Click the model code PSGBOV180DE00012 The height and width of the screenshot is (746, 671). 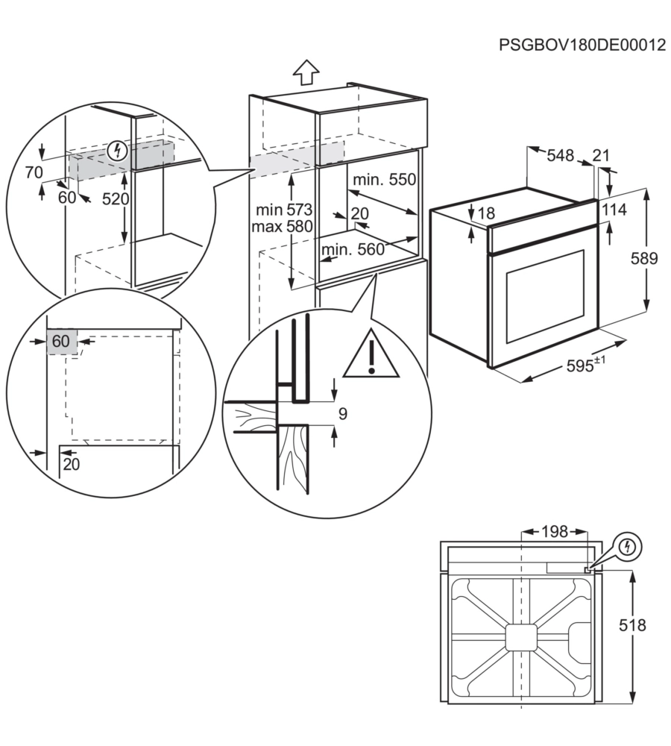pyautogui.click(x=582, y=45)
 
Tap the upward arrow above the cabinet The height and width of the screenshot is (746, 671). pyautogui.click(x=306, y=73)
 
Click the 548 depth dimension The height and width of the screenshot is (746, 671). pyautogui.click(x=561, y=156)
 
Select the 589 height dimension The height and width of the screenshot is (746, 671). pyautogui.click(x=643, y=259)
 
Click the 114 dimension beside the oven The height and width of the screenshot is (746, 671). pyautogui.click(x=614, y=210)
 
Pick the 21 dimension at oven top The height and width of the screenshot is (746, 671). pyautogui.click(x=601, y=156)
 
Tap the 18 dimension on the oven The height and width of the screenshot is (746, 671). pyautogui.click(x=486, y=214)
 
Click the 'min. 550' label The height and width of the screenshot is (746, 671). pyautogui.click(x=384, y=180)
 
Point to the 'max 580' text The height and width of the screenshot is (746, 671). pyautogui.click(x=282, y=225)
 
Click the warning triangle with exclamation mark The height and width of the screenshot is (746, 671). pyautogui.click(x=371, y=357)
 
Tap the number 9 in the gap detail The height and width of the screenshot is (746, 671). pyautogui.click(x=342, y=414)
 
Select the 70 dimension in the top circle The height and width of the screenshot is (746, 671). pyautogui.click(x=34, y=173)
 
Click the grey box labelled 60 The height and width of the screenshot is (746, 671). pyautogui.click(x=60, y=342)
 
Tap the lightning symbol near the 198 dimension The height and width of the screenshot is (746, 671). pyautogui.click(x=628, y=547)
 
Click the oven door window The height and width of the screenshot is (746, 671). pyautogui.click(x=545, y=296)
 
